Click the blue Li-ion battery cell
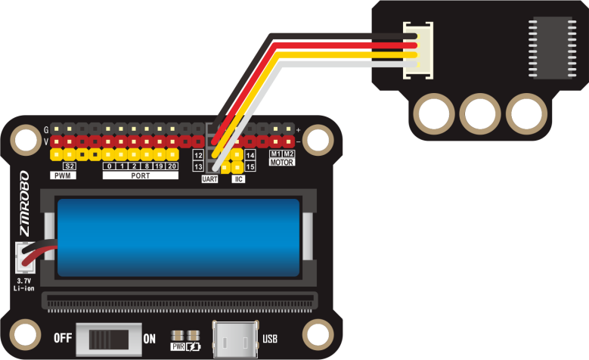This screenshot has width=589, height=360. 178,237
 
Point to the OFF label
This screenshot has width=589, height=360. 63,338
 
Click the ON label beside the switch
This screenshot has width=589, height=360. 150,339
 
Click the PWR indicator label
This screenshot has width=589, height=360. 178,347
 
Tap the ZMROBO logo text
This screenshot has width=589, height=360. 24,203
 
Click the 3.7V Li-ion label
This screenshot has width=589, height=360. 25,284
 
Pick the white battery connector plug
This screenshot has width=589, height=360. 25,257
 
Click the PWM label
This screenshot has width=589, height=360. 61,175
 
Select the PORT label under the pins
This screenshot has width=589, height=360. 140,175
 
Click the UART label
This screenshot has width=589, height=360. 209,179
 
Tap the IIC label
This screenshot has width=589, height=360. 239,179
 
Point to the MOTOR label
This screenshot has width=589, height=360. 282,162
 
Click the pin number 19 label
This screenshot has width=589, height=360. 160,166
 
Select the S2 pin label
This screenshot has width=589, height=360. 69,166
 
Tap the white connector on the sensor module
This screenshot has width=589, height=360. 419,50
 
